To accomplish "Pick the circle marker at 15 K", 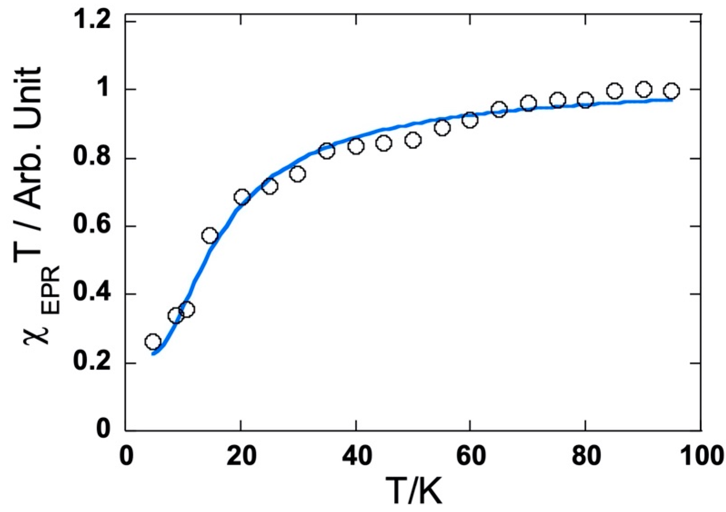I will (209, 236).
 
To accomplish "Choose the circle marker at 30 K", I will (298, 174).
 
